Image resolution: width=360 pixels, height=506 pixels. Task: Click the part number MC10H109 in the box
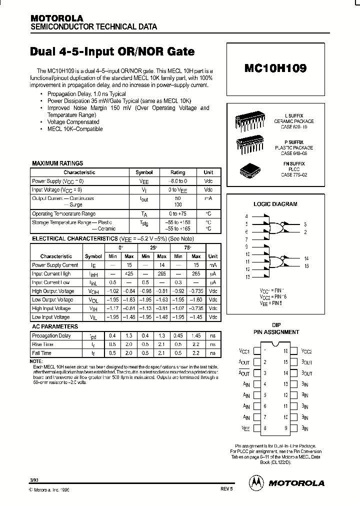point(275,68)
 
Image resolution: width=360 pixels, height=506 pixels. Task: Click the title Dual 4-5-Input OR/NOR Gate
point(112,52)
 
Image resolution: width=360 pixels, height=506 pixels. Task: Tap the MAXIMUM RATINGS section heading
point(57,163)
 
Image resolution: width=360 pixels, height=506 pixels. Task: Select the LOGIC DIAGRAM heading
point(275,204)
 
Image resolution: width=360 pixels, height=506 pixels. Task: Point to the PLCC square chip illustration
point(249,169)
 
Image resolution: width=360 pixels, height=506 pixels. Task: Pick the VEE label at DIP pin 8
point(245,428)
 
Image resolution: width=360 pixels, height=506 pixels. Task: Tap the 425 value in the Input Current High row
point(128,273)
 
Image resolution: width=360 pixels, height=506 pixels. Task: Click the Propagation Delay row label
point(51,336)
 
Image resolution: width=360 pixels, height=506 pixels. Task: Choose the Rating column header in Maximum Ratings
point(177,172)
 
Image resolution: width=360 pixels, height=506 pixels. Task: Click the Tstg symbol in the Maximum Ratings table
point(144,224)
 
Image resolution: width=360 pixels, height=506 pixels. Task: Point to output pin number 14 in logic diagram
point(306,258)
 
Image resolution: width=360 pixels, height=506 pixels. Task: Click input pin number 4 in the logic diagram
point(246,216)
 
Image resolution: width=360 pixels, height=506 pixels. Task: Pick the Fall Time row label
point(42,353)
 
